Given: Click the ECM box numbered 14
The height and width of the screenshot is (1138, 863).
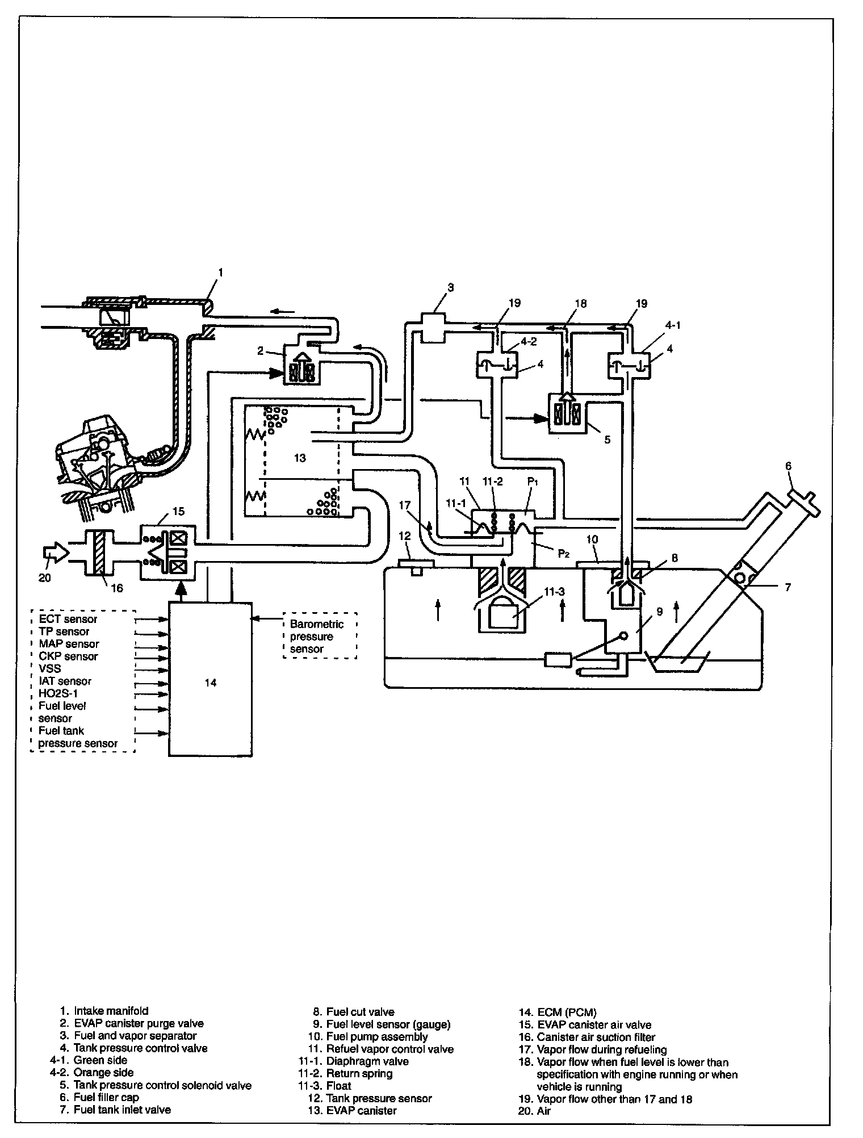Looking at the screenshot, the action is (211, 679).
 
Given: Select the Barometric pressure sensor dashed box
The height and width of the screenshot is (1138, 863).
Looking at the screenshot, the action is (320, 636).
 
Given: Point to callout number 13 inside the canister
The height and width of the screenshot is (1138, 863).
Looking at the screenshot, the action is (299, 458).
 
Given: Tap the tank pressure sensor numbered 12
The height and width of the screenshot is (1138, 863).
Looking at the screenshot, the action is (417, 567).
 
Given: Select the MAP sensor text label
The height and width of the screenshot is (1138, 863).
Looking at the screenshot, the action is (69, 644).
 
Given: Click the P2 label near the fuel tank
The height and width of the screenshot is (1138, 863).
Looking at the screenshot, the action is (563, 553).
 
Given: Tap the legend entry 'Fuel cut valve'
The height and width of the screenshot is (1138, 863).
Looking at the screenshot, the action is (360, 1011).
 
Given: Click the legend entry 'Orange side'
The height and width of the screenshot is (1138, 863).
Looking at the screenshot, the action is (104, 1073).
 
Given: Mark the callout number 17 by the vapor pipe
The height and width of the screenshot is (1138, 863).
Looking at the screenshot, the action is (405, 504).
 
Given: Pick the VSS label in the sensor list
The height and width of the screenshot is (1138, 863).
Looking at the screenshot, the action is (49, 668).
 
